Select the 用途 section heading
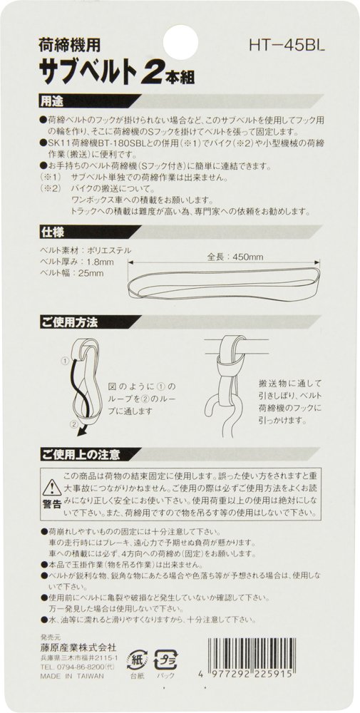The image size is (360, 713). click(x=51, y=101)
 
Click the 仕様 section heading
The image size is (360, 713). click(x=51, y=232)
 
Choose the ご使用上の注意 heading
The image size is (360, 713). click(x=80, y=453)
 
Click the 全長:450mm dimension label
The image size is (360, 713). click(x=235, y=257)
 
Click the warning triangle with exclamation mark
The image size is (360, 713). click(x=52, y=488)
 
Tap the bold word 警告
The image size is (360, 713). click(x=52, y=504)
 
